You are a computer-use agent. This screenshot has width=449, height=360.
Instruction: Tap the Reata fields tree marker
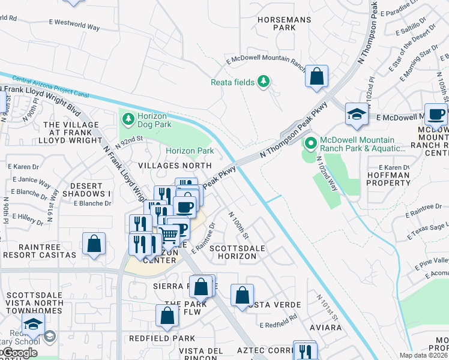click(x=263, y=81)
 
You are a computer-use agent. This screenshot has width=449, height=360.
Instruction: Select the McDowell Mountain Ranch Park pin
click(x=310, y=143)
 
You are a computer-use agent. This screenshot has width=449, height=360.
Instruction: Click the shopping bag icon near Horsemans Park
click(x=316, y=77)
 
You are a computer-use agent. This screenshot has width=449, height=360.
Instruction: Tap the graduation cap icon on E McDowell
click(x=357, y=115)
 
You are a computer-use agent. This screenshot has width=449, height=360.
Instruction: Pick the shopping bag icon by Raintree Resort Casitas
click(x=94, y=245)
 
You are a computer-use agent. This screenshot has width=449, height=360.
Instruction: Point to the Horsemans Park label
click(x=277, y=23)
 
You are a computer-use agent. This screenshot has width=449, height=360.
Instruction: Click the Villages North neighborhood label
click(x=175, y=165)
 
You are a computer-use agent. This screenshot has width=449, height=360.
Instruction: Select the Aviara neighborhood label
click(x=326, y=328)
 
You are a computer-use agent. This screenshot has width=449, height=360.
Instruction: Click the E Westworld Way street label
click(x=74, y=25)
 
